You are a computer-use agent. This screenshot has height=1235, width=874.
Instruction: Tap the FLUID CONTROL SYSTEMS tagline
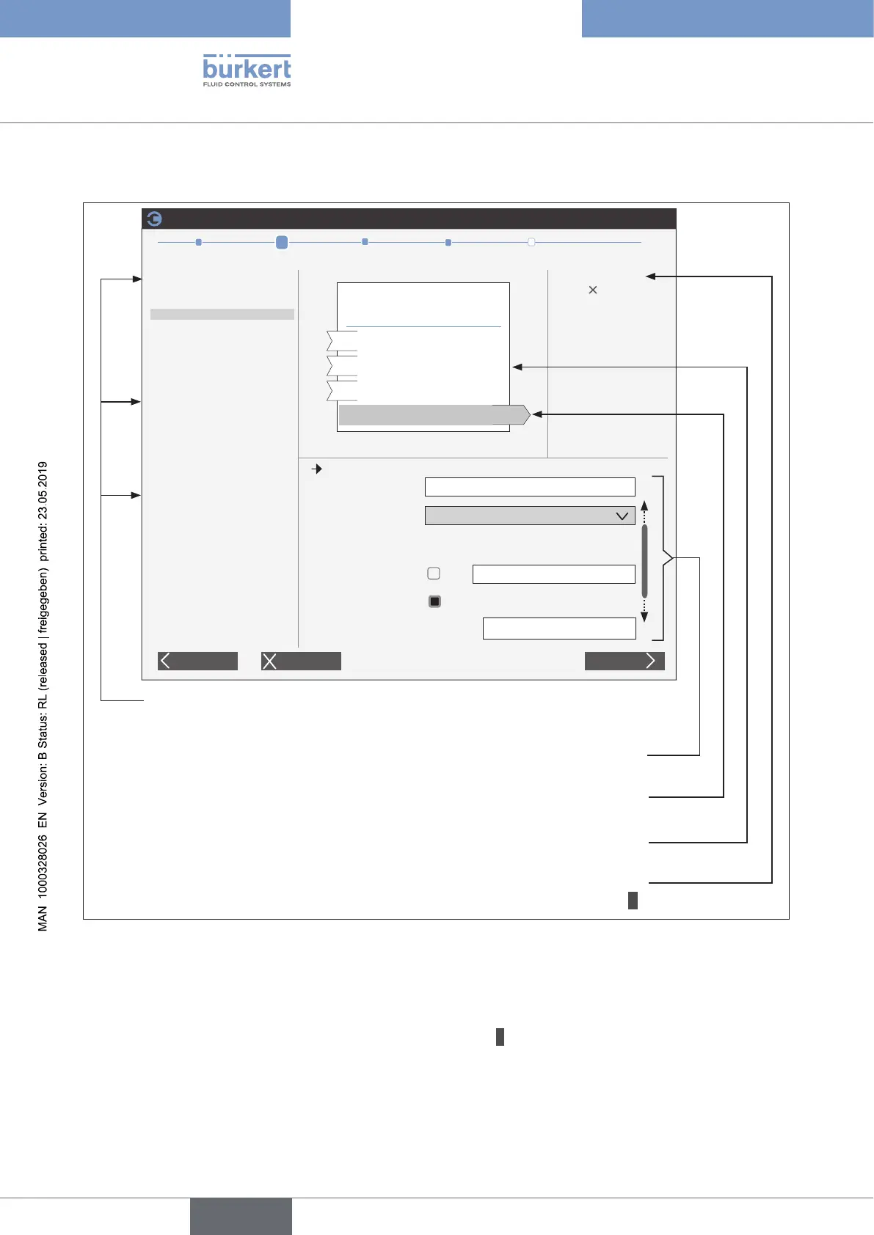point(247,84)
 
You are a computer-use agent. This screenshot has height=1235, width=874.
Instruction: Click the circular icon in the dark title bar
point(154,219)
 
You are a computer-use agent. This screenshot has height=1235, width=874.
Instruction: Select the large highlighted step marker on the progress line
point(282,243)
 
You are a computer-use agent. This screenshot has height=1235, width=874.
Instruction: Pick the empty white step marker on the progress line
point(531,242)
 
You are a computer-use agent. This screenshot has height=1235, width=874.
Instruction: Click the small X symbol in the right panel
point(593,290)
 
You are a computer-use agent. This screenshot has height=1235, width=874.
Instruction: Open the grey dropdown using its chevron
point(622,516)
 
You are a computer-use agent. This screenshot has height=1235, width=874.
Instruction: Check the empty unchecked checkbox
point(434,573)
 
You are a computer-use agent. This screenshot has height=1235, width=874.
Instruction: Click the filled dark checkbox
point(434,601)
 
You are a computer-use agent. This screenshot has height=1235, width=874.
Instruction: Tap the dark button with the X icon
point(301,661)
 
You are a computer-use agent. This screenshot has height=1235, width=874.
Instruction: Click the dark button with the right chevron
point(624,661)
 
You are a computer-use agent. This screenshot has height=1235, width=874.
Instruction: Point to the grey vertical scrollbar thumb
point(644,561)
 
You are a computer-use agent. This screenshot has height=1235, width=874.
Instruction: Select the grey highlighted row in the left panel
point(222,314)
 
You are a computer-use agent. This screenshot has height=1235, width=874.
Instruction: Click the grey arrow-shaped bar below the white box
point(433,415)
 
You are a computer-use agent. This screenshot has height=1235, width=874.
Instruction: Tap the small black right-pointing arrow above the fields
point(317,469)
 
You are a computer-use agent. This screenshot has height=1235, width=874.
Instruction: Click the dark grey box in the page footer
point(241,1216)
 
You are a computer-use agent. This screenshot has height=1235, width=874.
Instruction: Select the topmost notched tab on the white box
point(342,340)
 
